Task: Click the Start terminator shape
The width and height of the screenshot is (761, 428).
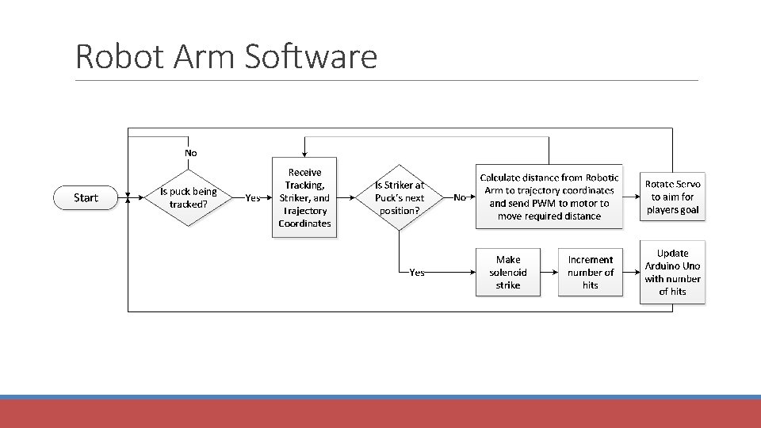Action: [86, 197]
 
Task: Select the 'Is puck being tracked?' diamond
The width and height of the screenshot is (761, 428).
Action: [189, 197]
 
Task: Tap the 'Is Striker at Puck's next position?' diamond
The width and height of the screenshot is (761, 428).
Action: [399, 197]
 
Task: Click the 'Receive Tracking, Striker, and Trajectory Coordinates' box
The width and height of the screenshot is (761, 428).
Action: [304, 197]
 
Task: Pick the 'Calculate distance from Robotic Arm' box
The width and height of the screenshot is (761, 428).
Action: [549, 197]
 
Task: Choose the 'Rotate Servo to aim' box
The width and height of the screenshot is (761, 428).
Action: [672, 197]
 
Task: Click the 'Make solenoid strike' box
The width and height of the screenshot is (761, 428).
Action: [507, 272]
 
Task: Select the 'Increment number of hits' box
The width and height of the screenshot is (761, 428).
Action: [590, 272]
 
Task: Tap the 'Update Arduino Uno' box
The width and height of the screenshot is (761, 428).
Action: [672, 272]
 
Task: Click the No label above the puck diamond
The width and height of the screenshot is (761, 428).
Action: [191, 153]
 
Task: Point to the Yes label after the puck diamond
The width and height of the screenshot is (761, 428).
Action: [252, 197]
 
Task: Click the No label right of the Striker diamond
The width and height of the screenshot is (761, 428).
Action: [460, 197]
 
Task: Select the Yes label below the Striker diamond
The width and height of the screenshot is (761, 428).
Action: [417, 272]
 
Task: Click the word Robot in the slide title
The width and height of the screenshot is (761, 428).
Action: [120, 56]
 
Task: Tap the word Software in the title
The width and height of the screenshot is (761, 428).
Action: [311, 56]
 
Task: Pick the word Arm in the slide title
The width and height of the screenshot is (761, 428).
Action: [204, 56]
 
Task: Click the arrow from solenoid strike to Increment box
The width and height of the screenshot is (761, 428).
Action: [549, 272]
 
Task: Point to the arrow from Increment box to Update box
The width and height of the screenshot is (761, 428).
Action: [632, 272]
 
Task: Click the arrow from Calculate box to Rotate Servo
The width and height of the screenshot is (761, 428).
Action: [632, 197]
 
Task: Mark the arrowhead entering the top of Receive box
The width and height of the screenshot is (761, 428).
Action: [304, 155]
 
